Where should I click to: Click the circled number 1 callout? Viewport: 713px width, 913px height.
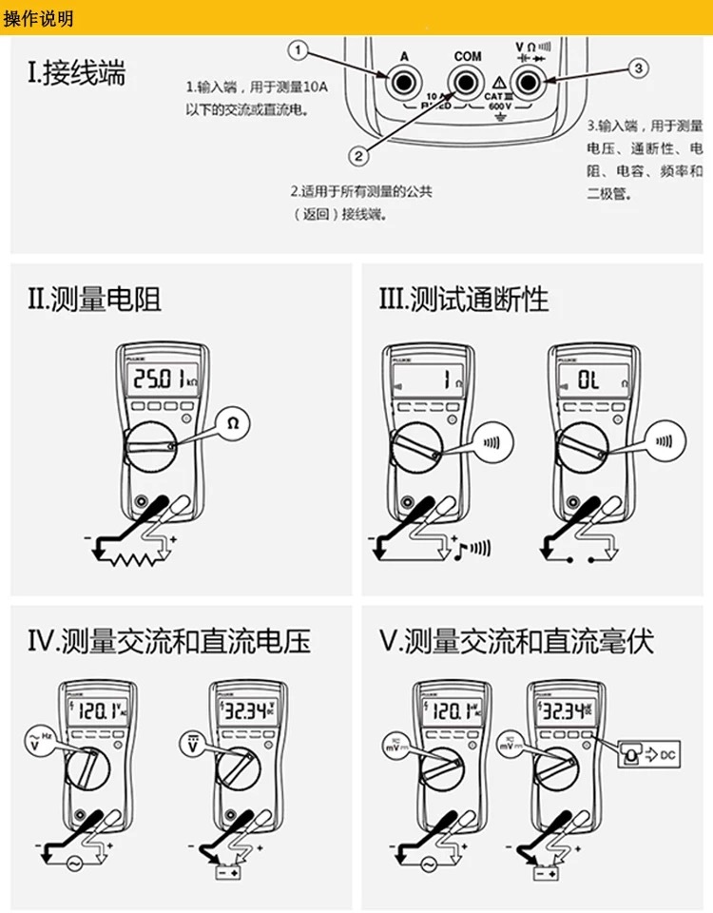pos(299,49)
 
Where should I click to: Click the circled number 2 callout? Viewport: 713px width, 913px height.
pos(358,156)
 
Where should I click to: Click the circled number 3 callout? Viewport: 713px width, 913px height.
pos(638,68)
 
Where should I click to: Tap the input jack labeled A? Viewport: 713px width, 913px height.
pos(402,84)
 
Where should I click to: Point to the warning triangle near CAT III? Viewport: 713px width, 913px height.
pos(500,85)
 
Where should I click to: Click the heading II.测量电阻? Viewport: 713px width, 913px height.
pos(94,300)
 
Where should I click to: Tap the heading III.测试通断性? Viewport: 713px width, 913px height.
pos(464,300)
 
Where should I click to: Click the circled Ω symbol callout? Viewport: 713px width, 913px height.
pos(234,425)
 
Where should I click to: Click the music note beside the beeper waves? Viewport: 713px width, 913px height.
pos(458,548)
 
